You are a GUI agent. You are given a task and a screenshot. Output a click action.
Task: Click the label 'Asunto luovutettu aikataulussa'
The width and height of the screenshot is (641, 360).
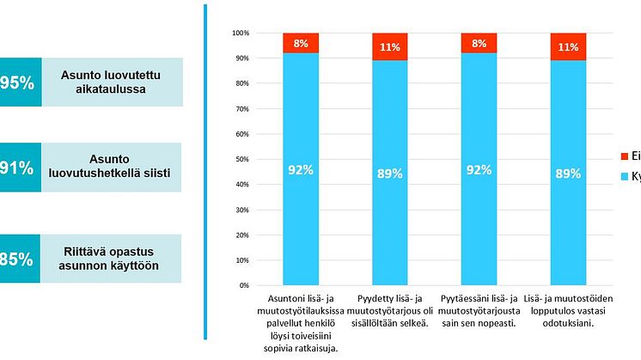click(113, 82)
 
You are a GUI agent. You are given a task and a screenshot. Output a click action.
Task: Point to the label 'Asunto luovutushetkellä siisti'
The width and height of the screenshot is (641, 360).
click(113, 169)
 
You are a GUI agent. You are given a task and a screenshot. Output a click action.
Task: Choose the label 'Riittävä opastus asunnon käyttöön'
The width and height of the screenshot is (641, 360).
click(113, 259)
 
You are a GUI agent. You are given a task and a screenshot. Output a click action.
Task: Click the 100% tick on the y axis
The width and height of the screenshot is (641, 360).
click(240, 33)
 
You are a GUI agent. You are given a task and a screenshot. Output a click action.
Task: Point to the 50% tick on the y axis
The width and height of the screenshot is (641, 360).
click(241, 159)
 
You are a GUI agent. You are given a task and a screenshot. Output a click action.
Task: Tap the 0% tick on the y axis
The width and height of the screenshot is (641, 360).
click(243, 285)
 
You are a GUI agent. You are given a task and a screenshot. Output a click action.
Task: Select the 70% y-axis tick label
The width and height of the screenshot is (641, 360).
click(241, 108)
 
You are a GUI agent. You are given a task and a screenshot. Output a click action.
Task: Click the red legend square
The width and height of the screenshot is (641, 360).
click(624, 156)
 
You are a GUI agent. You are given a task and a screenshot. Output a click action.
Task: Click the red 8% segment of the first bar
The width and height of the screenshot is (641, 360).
click(300, 43)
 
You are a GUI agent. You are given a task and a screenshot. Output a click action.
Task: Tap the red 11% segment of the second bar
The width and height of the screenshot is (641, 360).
click(389, 46)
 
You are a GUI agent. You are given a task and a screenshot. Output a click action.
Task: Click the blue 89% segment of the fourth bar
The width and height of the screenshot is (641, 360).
click(568, 173)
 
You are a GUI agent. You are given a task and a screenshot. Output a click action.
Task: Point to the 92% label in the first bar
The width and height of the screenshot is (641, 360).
click(300, 170)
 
